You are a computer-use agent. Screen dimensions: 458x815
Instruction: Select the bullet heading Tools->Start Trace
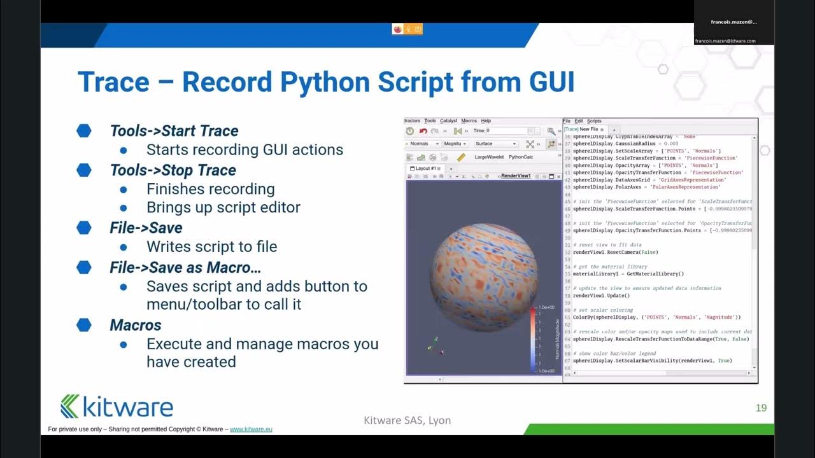(174, 131)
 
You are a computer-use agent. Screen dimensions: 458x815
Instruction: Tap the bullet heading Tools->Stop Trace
(173, 170)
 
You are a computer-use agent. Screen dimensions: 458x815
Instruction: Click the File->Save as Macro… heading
(185, 267)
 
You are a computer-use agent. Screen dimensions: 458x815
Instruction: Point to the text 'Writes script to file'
(211, 247)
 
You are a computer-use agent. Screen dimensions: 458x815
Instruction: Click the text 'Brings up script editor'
(223, 208)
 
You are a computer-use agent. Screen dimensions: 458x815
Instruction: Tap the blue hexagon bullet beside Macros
(84, 325)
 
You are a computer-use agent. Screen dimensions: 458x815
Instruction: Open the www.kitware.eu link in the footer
(251, 429)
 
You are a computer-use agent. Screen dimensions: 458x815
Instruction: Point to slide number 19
(761, 408)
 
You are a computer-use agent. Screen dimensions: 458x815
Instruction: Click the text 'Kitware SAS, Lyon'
(407, 420)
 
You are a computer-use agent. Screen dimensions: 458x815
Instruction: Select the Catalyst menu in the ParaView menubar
(449, 121)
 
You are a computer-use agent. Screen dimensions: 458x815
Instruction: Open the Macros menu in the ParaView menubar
(469, 121)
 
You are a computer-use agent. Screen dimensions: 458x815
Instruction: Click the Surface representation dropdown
(496, 144)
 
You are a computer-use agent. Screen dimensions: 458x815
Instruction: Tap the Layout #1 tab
(427, 169)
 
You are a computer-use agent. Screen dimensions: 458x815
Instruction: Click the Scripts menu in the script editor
(594, 121)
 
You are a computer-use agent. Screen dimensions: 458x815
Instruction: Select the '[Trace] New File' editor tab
(581, 129)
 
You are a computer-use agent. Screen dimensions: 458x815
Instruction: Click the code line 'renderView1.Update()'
(601, 295)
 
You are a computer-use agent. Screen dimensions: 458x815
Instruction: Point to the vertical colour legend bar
(533, 339)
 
